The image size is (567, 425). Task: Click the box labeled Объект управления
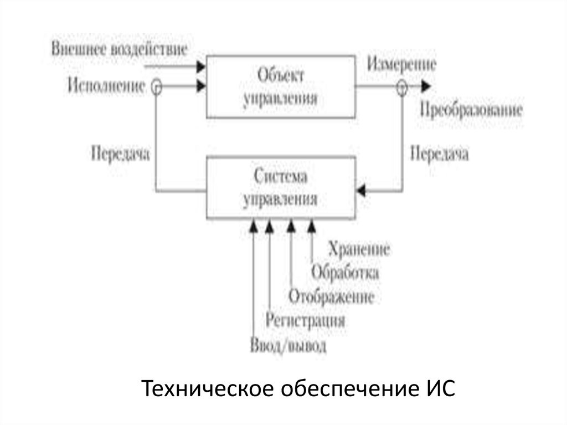280,86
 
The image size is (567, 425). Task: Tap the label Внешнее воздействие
120,49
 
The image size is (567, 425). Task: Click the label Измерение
401,64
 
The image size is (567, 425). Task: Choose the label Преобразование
471,109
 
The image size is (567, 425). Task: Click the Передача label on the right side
439,153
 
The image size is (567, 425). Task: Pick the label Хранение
359,249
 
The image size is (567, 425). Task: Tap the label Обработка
345,273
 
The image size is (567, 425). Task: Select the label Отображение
332,296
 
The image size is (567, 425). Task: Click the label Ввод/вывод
287,346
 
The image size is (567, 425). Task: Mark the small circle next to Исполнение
157,86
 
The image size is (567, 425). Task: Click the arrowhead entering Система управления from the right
361,191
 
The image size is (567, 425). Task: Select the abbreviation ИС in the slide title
440,388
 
